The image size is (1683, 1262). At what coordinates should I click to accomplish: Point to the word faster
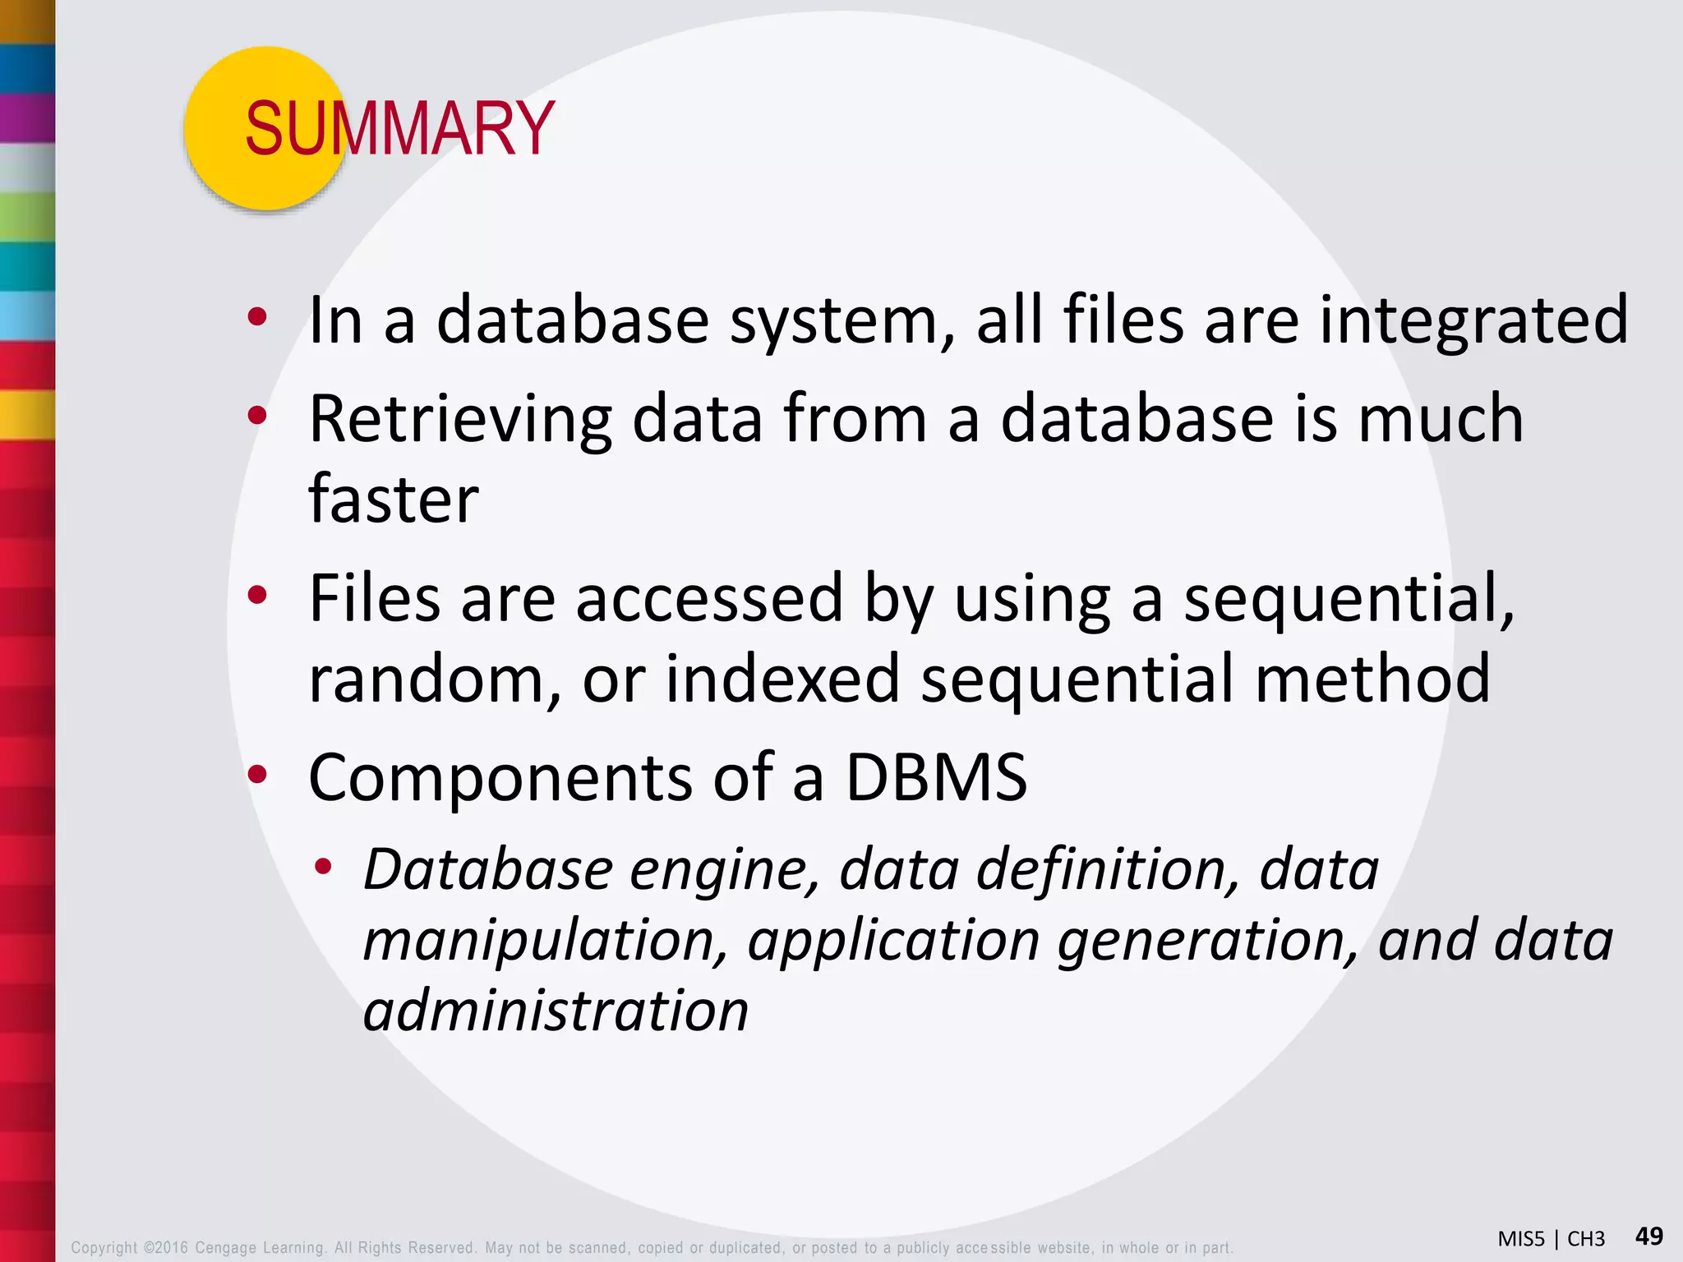pyautogui.click(x=393, y=500)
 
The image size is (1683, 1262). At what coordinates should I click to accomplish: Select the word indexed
pyautogui.click(x=782, y=679)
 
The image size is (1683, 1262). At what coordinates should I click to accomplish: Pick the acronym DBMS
pyautogui.click(x=937, y=777)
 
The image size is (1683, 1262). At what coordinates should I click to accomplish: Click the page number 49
pyautogui.click(x=1648, y=1236)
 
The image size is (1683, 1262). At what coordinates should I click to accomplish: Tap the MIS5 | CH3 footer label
pyautogui.click(x=1551, y=1239)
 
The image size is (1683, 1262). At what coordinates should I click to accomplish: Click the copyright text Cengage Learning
pyautogui.click(x=260, y=1247)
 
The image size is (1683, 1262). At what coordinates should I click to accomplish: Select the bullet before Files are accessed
pyautogui.click(x=257, y=595)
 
